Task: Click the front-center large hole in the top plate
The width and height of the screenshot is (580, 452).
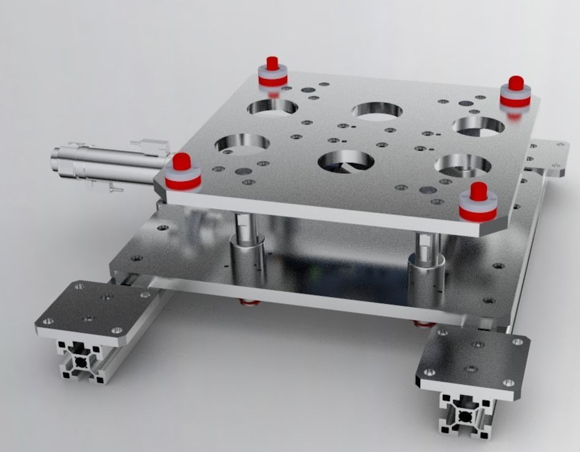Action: click(x=346, y=161)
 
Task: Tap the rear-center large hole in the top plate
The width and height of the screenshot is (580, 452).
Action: click(x=377, y=111)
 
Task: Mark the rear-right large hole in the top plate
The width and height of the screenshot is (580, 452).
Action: click(x=478, y=126)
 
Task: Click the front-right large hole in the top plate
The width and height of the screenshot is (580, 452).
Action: click(x=462, y=165)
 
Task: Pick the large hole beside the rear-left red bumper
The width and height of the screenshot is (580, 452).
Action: click(x=272, y=107)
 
